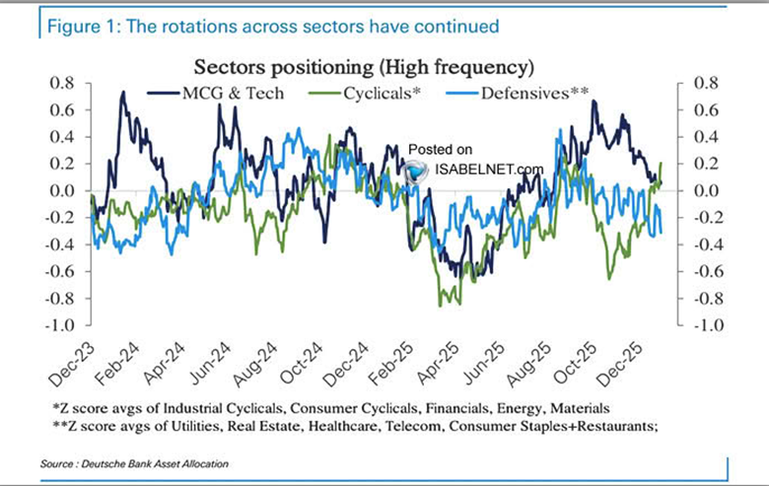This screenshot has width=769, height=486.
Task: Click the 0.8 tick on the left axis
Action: [61, 83]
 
